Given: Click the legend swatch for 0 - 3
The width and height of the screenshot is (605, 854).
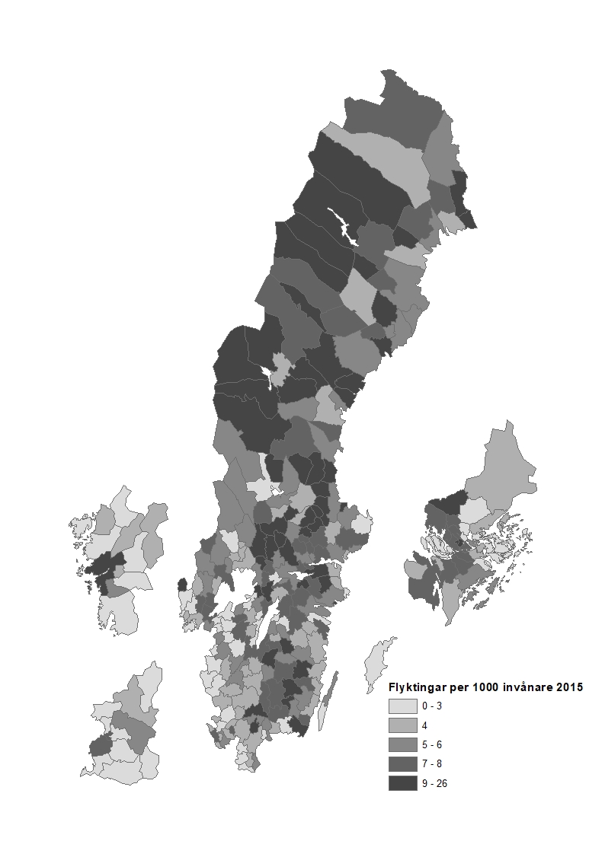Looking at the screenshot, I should [x=402, y=706].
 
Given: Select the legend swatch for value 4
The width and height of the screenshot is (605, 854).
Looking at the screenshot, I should [x=402, y=725].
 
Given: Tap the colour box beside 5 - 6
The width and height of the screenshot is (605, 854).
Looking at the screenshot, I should [x=402, y=744].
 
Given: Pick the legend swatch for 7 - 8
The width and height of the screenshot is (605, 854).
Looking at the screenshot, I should [x=402, y=763].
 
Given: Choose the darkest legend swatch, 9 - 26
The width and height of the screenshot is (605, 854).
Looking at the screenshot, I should [x=402, y=783].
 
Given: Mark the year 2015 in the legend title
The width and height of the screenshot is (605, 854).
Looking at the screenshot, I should [x=568, y=687].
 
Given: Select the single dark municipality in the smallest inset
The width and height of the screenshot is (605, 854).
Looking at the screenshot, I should [x=101, y=745].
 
